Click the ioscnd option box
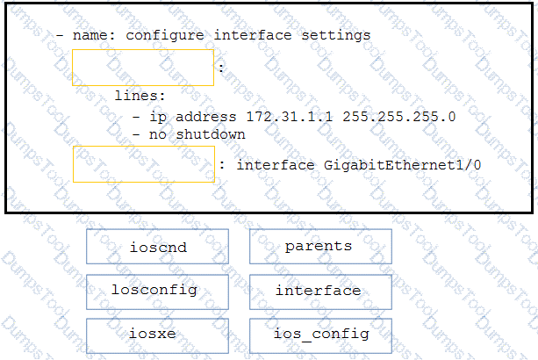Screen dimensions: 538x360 click(157, 247)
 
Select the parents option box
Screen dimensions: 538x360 click(320, 247)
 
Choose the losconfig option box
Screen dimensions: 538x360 click(157, 292)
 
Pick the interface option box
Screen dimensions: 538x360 click(320, 292)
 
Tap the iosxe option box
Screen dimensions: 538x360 click(157, 336)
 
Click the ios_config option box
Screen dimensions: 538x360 click(320, 336)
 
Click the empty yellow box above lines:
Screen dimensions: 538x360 click(143, 68)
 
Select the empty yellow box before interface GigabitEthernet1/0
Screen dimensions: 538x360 click(144, 164)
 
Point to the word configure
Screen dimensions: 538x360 click(165, 36)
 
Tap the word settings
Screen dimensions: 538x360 click(336, 36)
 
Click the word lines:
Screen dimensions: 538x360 click(140, 96)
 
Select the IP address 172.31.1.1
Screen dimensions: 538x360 click(290, 117)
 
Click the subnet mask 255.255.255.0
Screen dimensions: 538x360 click(399, 117)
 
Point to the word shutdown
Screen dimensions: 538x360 click(211, 134)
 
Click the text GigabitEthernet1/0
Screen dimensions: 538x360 click(402, 165)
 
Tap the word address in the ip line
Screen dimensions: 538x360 click(206, 117)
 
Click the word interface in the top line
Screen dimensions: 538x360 click(253, 35)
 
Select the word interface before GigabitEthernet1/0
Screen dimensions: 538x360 click(276, 165)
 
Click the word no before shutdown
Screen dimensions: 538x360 click(158, 135)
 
